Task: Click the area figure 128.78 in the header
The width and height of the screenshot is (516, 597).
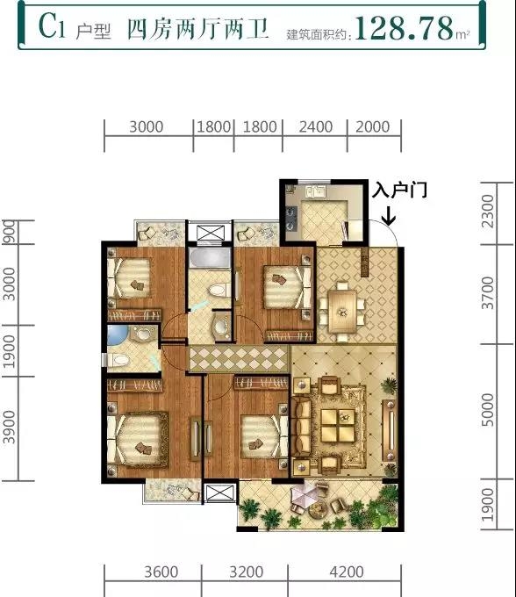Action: pyautogui.click(x=405, y=28)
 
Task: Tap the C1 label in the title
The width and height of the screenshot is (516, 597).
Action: pyautogui.click(x=52, y=25)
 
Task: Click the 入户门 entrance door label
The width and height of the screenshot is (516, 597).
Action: pyautogui.click(x=399, y=191)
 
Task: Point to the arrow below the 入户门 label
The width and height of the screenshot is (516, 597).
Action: pyautogui.click(x=389, y=215)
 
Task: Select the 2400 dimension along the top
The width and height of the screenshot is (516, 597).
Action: pyautogui.click(x=315, y=126)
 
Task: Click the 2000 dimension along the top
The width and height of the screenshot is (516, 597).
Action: pyautogui.click(x=373, y=126)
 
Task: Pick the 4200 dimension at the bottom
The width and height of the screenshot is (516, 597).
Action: pyautogui.click(x=347, y=572)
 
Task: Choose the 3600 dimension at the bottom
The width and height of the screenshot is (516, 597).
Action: pyautogui.click(x=161, y=572)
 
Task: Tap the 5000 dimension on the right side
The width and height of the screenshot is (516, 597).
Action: pyautogui.click(x=487, y=410)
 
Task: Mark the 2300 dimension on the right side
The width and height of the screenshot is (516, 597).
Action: pyautogui.click(x=487, y=212)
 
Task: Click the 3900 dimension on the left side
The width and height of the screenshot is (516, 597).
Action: pyautogui.click(x=9, y=428)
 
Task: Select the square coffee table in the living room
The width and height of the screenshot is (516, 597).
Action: pyautogui.click(x=338, y=425)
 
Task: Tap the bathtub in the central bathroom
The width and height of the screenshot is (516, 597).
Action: pyautogui.click(x=210, y=258)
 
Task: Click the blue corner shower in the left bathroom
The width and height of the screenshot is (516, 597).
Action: pyautogui.click(x=118, y=334)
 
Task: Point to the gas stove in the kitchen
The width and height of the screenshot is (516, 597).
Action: pyautogui.click(x=291, y=219)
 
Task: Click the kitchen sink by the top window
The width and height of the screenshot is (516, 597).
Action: pyautogui.click(x=315, y=191)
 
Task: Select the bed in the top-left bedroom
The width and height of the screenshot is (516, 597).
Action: pyautogui.click(x=131, y=278)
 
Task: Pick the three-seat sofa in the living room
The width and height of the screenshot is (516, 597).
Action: pyautogui.click(x=301, y=426)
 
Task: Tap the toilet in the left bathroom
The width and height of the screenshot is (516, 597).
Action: pyautogui.click(x=118, y=360)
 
